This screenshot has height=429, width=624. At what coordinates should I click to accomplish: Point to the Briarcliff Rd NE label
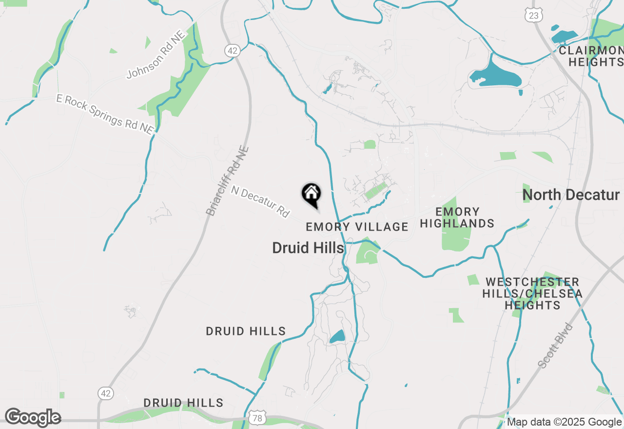click(x=228, y=181)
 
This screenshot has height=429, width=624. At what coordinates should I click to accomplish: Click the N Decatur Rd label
click(x=260, y=201)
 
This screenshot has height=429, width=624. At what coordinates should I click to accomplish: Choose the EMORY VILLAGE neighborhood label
click(x=357, y=227)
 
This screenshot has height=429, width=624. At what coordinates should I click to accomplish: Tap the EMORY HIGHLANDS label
click(x=457, y=217)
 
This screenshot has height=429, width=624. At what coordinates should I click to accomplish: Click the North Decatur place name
click(x=570, y=195)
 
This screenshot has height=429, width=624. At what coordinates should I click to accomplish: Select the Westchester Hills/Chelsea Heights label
click(x=532, y=293)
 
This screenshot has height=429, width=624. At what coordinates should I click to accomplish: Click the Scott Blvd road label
click(x=556, y=345)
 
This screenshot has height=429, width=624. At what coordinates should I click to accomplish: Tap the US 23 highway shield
click(x=534, y=16)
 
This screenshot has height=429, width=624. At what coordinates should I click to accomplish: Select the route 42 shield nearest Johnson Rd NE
click(x=232, y=50)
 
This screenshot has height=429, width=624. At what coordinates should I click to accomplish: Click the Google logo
click(x=33, y=417)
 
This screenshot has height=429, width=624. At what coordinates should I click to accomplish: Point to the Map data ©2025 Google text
click(x=564, y=422)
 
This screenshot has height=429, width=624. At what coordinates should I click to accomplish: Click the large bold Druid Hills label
click(x=308, y=248)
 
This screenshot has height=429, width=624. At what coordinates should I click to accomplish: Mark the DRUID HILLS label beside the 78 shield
click(x=183, y=403)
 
